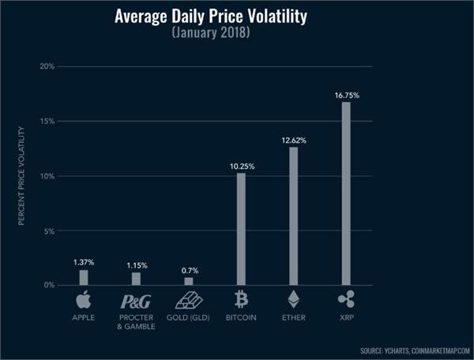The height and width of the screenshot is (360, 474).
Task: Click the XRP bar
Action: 346,193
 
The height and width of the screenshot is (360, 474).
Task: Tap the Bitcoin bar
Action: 241,229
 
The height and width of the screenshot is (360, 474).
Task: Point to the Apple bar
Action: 84,277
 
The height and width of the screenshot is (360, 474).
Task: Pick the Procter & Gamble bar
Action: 136,279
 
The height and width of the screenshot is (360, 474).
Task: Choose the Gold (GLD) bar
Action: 188,281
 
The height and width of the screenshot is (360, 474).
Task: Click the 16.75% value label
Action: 346,95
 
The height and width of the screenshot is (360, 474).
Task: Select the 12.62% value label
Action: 294,140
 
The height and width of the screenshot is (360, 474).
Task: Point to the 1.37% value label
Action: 84,262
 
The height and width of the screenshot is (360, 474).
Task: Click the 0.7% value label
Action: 188,270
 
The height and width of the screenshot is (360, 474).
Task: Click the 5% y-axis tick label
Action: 49,231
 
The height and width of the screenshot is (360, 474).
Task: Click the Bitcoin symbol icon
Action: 241,300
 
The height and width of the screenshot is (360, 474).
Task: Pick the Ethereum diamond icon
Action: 293,300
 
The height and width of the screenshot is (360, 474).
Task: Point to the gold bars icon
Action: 188,301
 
